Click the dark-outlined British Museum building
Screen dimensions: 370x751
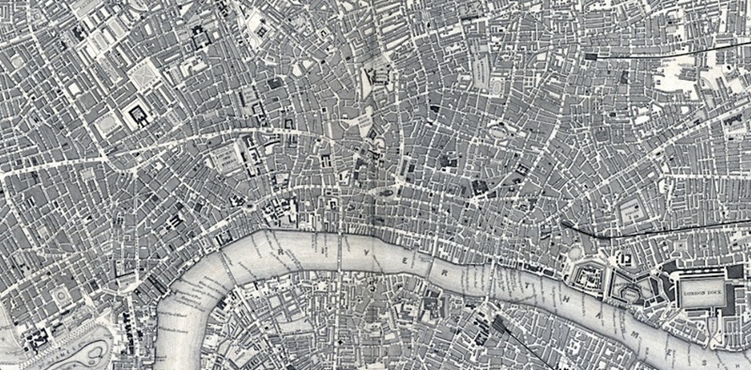[138, 115]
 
